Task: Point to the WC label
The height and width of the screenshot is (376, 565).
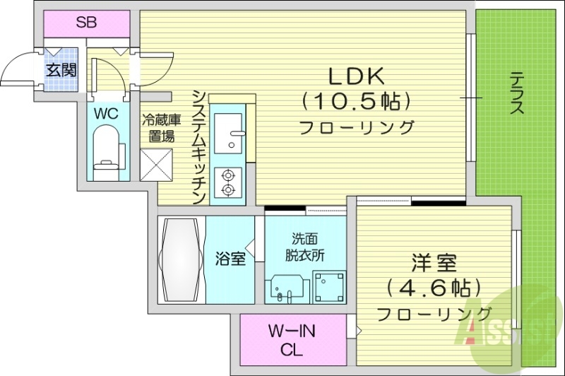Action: point(108,113)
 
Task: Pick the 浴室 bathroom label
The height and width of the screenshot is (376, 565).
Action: point(230,259)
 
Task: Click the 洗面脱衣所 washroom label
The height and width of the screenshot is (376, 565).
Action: point(306,248)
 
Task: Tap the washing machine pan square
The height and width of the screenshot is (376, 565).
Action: point(328,286)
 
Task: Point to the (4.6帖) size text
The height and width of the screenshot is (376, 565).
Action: point(433,288)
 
